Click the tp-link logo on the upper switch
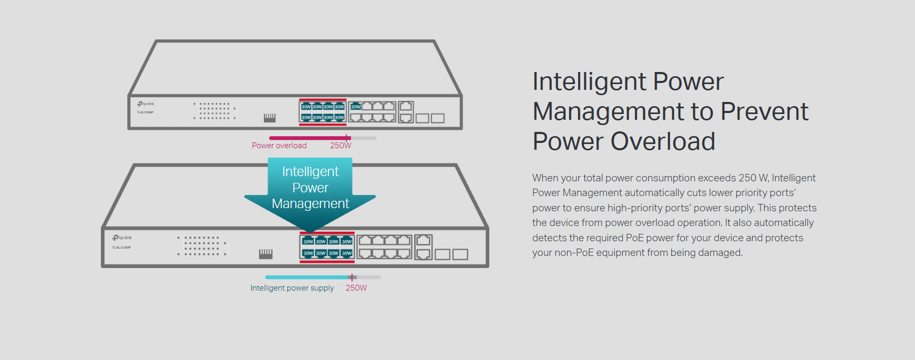click(x=146, y=104)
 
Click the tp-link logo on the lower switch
click(x=122, y=238)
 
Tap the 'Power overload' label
click(x=279, y=146)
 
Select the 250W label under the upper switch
click(x=341, y=146)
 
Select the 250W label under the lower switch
click(x=356, y=288)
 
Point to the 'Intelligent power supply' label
click(x=292, y=288)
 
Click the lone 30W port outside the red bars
click(x=356, y=107)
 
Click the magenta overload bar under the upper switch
click(x=309, y=138)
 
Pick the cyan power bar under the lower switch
click(x=307, y=277)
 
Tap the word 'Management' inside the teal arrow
click(x=310, y=204)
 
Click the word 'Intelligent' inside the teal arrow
click(x=310, y=172)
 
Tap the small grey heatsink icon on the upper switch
click(x=270, y=118)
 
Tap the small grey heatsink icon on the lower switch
click(x=266, y=254)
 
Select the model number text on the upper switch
click(x=145, y=112)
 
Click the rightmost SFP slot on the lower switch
click(x=460, y=254)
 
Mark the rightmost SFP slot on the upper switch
click(x=438, y=118)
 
